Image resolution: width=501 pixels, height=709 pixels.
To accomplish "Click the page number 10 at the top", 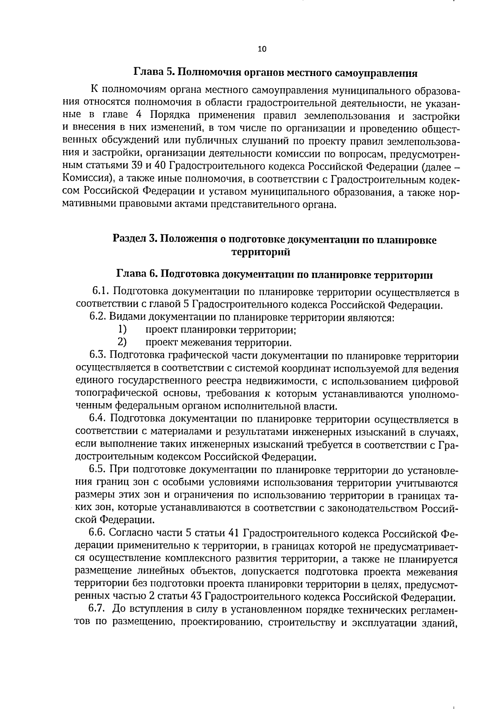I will click(x=262, y=49).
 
